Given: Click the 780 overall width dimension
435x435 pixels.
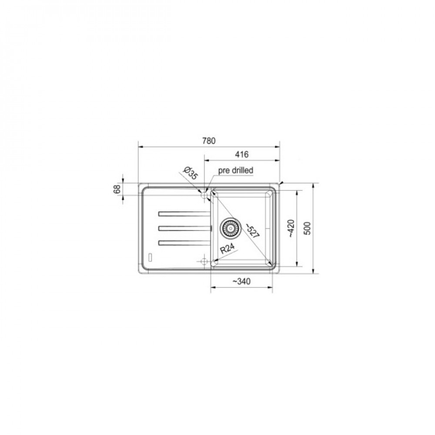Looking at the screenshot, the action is [209, 141].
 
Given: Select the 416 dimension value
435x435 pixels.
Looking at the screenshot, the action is [241, 154].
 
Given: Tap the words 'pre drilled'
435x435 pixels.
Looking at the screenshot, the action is [235, 171].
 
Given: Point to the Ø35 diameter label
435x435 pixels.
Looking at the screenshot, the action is [191, 173].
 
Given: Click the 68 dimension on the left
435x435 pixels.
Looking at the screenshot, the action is [117, 189].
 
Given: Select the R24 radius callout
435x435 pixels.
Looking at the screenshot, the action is [227, 248].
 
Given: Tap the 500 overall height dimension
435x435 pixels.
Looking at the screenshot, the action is [308, 228].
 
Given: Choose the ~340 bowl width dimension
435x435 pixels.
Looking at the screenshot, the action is [241, 281].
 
